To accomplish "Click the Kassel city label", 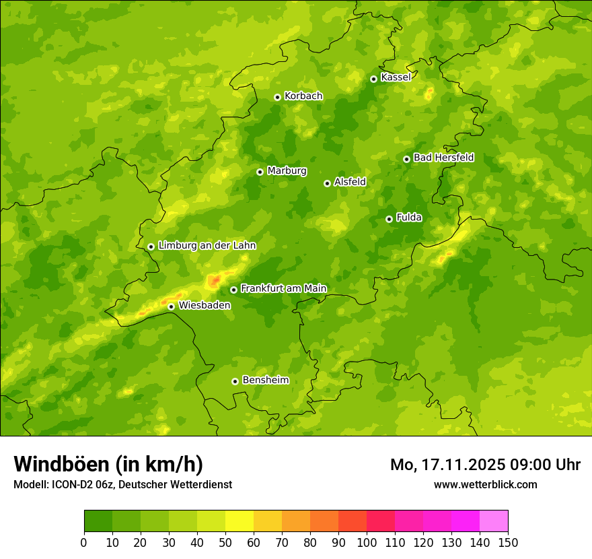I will coord(396,77).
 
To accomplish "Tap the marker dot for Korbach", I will coord(277,97).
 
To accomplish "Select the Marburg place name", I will coord(287,171).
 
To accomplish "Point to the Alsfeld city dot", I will coord(327,183).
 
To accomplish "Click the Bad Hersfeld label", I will coord(443,158).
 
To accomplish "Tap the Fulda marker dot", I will coord(389,219).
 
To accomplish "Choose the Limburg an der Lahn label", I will coord(207,246).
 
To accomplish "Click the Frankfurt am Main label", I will coord(283,288).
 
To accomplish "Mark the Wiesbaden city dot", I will coord(172,306).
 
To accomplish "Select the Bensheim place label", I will coord(265,380).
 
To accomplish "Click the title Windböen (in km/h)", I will coord(108,464).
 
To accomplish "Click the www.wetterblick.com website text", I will coord(485,484).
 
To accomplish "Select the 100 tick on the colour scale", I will coord(367,543).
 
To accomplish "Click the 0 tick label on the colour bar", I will coord(84,543).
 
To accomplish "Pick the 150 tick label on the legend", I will coord(508,543).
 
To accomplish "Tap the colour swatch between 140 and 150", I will coord(494,521).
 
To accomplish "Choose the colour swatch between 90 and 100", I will coord(353,521).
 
